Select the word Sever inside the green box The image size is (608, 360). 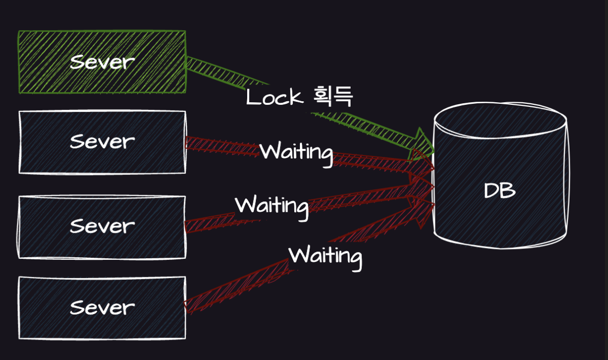click(102, 62)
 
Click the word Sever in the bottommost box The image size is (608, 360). click(102, 307)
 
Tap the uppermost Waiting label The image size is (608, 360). click(296, 151)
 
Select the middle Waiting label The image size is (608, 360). click(271, 205)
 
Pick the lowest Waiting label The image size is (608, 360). click(325, 255)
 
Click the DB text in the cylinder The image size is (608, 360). click(500, 191)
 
